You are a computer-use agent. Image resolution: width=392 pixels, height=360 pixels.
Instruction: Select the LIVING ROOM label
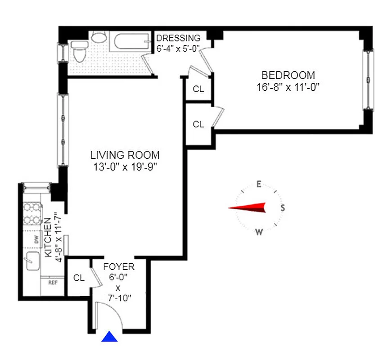tap(125, 155)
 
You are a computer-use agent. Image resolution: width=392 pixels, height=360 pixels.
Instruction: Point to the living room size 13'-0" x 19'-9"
tap(125, 167)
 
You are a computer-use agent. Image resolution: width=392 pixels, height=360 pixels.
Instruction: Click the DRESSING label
tap(178, 38)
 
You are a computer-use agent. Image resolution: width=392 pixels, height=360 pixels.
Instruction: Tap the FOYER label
tap(119, 267)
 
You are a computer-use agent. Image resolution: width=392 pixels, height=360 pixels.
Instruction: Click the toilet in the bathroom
tap(79, 53)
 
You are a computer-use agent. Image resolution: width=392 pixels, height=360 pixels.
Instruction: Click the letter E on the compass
tap(259, 184)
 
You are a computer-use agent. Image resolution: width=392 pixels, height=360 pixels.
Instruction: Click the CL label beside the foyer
tap(79, 278)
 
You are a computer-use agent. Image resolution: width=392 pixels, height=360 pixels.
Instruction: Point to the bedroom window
tap(369, 80)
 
